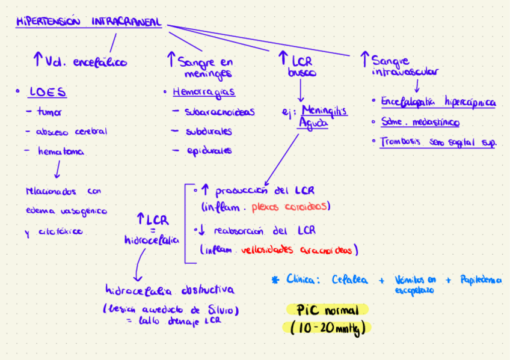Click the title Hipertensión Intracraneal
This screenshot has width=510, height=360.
pos(89,22)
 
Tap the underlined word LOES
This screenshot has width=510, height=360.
pos(48,93)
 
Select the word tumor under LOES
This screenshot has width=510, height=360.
pos(49,112)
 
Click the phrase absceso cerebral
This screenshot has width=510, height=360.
pos(71,132)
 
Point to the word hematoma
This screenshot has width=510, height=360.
pos(61,152)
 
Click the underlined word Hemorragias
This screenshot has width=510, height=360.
pos(203,93)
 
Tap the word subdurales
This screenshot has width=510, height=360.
pos(209,131)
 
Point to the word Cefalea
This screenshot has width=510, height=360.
pos(352,279)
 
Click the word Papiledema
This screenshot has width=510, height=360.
pos(481,280)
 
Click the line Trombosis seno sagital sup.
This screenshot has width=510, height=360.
pos(438,142)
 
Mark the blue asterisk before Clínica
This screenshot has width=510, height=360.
pos(276,279)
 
